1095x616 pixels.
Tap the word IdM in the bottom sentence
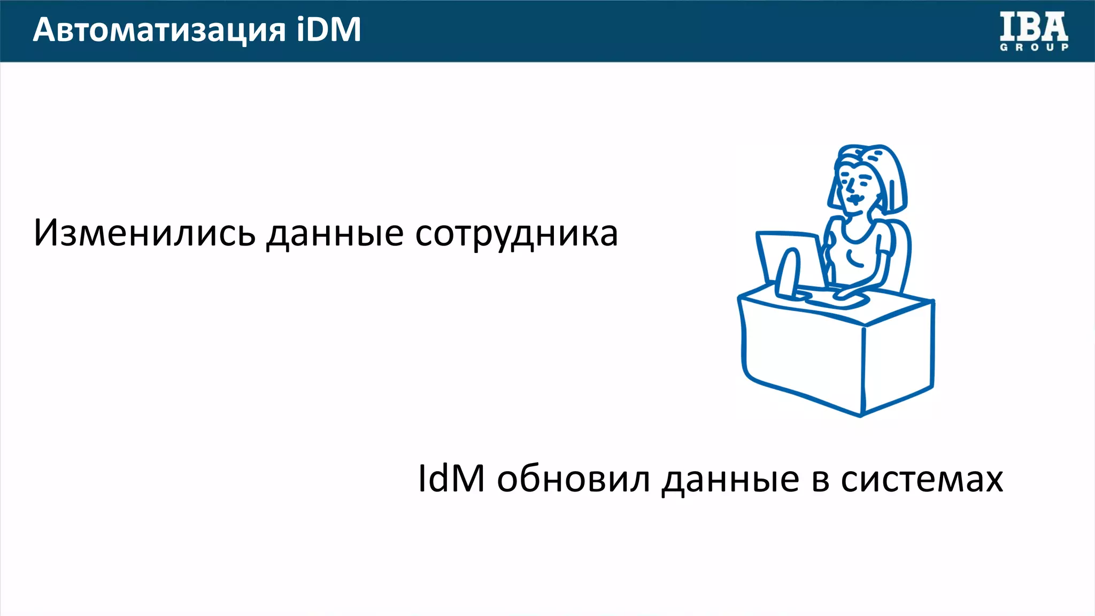[x=451, y=478]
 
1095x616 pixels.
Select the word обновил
[x=574, y=478]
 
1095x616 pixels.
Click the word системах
[x=922, y=478]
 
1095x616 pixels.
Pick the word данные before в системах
[x=730, y=479]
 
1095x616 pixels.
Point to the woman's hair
[x=888, y=171]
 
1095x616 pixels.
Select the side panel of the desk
[x=898, y=358]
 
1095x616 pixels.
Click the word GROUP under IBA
[x=1034, y=47]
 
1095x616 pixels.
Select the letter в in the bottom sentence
[x=821, y=479]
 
